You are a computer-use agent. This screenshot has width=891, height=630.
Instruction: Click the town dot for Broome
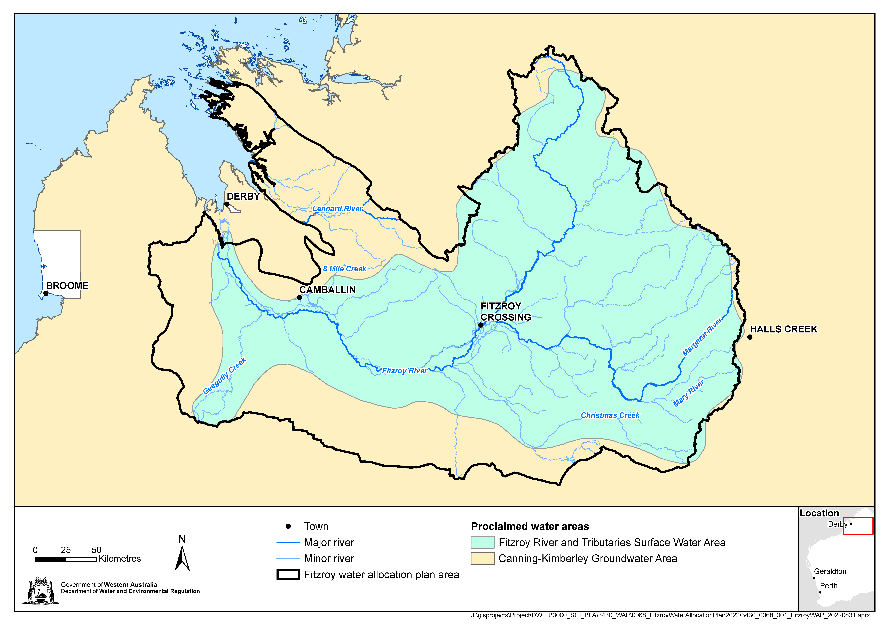[46, 293]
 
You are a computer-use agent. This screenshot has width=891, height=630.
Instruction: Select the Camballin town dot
[299, 298]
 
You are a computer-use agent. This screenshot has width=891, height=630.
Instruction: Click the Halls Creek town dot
[750, 337]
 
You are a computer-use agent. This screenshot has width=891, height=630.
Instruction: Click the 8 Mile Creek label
[345, 269]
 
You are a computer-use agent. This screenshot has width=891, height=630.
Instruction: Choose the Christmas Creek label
[610, 416]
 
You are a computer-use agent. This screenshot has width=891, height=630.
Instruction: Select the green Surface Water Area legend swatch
[482, 542]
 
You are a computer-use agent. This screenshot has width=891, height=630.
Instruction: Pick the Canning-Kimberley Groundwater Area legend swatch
[482, 559]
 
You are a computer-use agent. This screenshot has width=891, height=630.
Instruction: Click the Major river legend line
[288, 542]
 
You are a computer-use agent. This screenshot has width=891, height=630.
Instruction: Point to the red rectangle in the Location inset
[858, 526]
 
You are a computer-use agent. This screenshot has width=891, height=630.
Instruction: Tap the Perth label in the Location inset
[829, 586]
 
